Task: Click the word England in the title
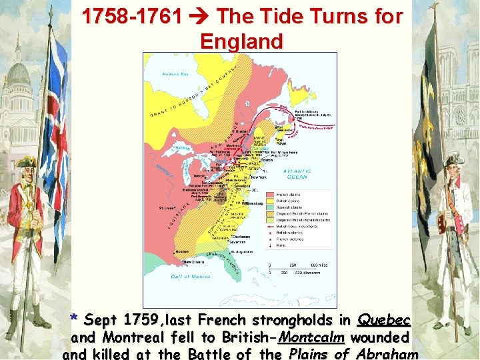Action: click(x=241, y=41)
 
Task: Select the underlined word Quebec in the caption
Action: click(x=384, y=320)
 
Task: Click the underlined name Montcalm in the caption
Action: click(x=311, y=337)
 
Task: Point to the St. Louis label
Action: click(x=167, y=208)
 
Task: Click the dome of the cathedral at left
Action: click(x=17, y=73)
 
